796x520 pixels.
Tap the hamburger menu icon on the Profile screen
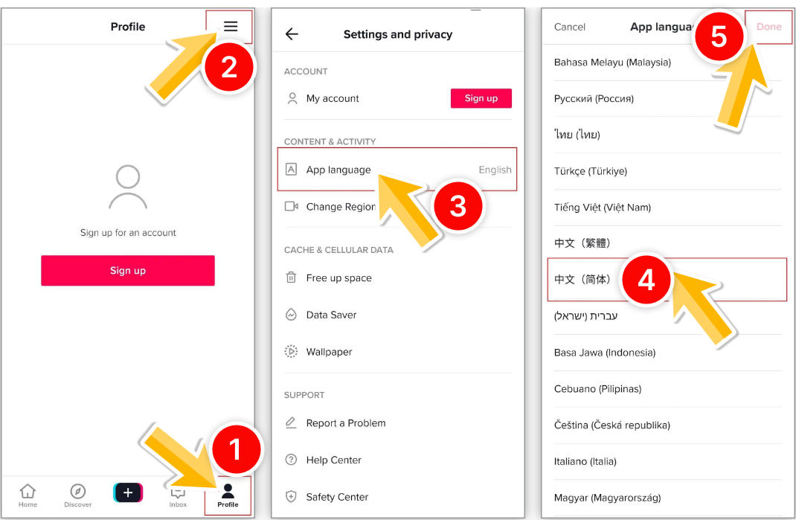pyautogui.click(x=231, y=26)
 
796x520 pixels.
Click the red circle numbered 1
pyautogui.click(x=235, y=449)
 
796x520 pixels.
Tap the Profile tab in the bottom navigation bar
pyautogui.click(x=228, y=495)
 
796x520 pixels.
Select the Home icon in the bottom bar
pyautogui.click(x=28, y=491)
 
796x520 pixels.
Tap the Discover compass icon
pyautogui.click(x=77, y=491)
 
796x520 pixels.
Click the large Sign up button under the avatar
pyautogui.click(x=128, y=271)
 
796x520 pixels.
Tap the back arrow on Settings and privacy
pyautogui.click(x=292, y=34)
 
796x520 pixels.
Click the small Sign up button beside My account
pyautogui.click(x=481, y=98)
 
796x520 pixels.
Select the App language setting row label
pyautogui.click(x=338, y=170)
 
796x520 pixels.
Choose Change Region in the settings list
pyautogui.click(x=340, y=207)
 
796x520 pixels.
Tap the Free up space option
pyautogui.click(x=338, y=277)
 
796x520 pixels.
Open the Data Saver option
pyautogui.click(x=331, y=315)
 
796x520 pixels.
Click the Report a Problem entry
pyautogui.click(x=346, y=423)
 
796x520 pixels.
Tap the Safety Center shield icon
pyautogui.click(x=291, y=497)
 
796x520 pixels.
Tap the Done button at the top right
pyautogui.click(x=768, y=26)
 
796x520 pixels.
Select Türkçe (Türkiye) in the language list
pyautogui.click(x=591, y=171)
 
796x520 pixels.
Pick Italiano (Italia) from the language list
pyautogui.click(x=585, y=461)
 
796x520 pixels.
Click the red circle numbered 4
pyautogui.click(x=646, y=279)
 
